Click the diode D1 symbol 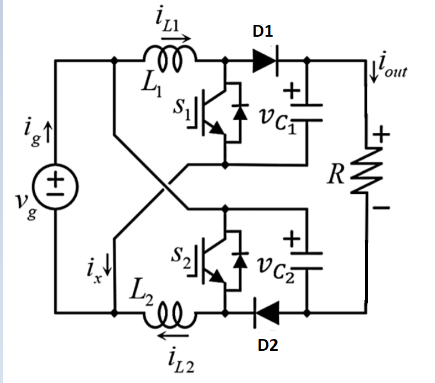pos(265,60)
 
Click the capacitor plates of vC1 pos(307,112)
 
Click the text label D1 pos(263,33)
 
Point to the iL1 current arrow pos(175,40)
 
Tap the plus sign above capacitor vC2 pos(292,240)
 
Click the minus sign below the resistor pos(381,208)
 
